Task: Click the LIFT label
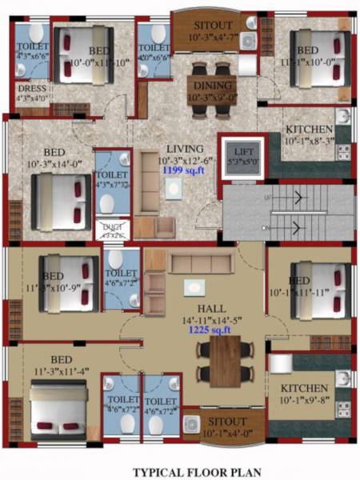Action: (x=238, y=149)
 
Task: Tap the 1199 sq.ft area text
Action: (x=180, y=170)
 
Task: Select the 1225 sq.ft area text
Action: (x=210, y=329)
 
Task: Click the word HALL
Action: (x=210, y=306)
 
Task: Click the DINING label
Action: (x=211, y=86)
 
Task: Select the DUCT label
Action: (x=113, y=227)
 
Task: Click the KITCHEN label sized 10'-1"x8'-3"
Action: (x=309, y=130)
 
